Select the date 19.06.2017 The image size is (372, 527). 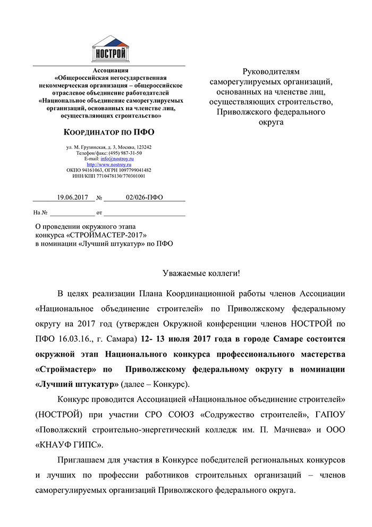click(x=72, y=197)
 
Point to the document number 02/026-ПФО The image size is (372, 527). click(x=144, y=197)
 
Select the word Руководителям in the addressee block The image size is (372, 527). click(x=271, y=71)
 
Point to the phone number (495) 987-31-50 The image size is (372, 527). click(x=125, y=153)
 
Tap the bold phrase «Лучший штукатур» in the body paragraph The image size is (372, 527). click(x=77, y=384)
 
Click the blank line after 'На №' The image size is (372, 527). click(x=72, y=213)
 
